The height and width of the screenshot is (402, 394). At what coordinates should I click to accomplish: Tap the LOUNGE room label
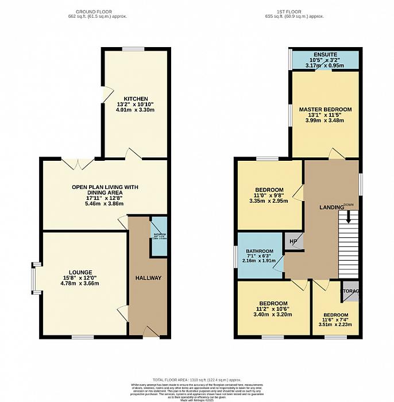pos(80,272)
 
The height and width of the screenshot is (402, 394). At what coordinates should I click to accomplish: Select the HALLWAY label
pos(148,278)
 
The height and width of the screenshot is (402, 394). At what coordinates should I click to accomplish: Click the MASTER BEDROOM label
pos(325,109)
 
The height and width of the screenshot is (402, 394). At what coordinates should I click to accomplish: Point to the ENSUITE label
pos(326,55)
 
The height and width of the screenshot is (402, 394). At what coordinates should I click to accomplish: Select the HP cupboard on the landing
pos(293,241)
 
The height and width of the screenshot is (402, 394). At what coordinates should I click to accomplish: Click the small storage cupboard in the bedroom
pos(350,291)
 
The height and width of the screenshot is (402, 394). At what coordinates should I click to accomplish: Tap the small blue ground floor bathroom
pos(159,237)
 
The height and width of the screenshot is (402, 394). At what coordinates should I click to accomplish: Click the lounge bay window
pos(35,278)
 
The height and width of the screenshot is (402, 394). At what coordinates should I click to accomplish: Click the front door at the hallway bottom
pos(150,332)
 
